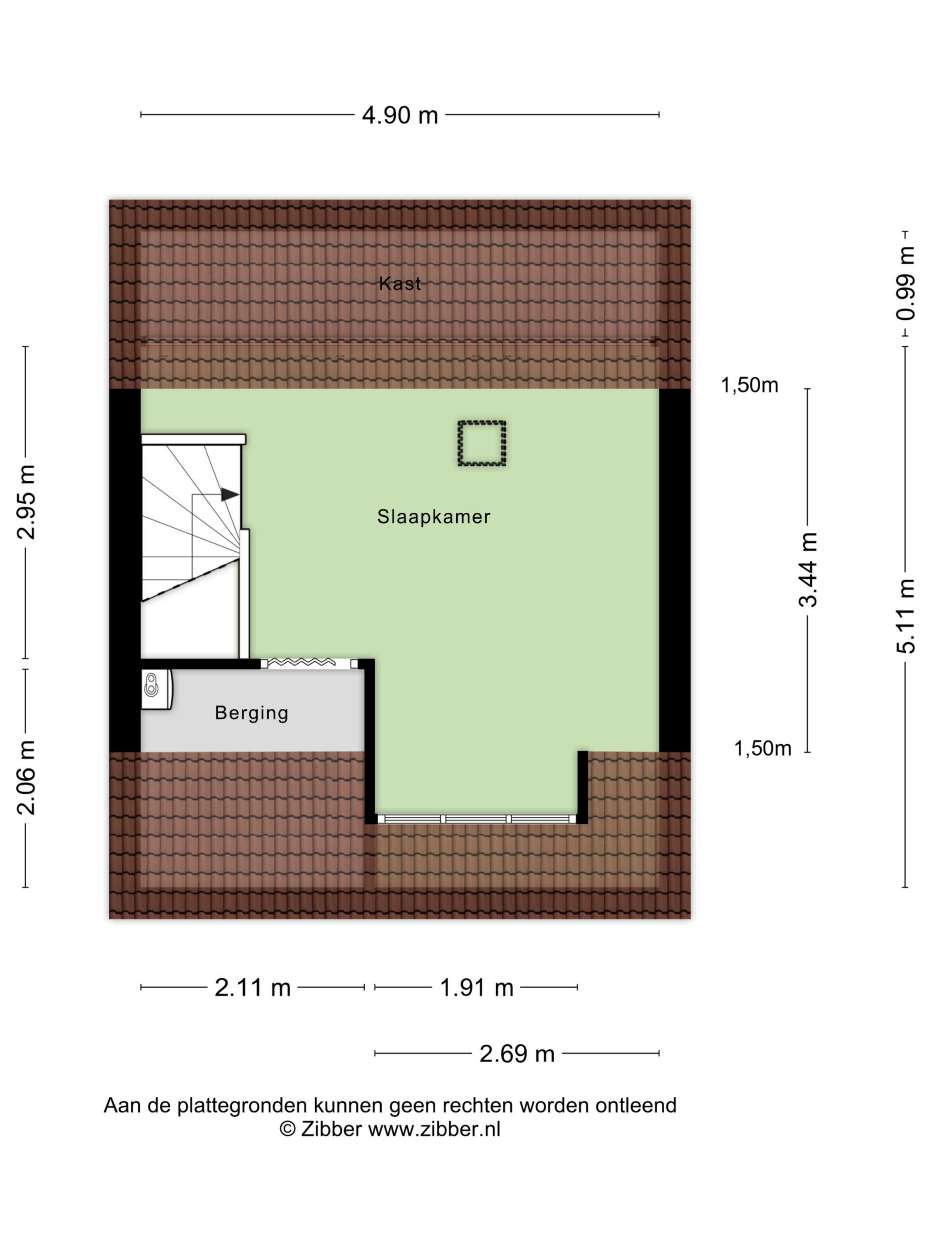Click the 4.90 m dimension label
[x=400, y=114]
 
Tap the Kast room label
[x=400, y=283]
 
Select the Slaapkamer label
[x=433, y=516]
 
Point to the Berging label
[x=251, y=713]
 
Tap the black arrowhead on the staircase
[x=229, y=494]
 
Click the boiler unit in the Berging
[x=156, y=689]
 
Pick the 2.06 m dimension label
[x=26, y=777]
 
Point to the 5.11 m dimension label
[x=905, y=616]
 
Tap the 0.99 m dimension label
[x=905, y=283]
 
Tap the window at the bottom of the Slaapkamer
[x=477, y=818]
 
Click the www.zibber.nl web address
[x=434, y=1129]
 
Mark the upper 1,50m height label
[x=749, y=385]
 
